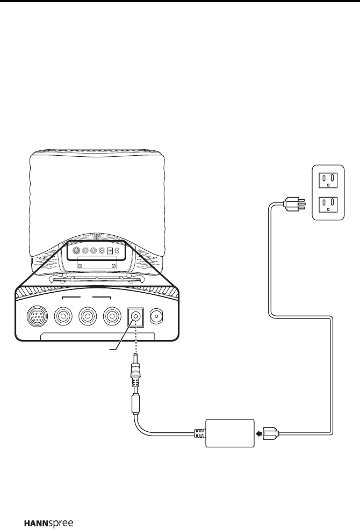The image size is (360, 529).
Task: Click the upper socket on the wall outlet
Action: click(x=328, y=180)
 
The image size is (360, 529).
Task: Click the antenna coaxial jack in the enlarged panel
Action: click(x=160, y=316)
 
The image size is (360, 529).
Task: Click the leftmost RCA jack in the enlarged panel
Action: click(x=63, y=316)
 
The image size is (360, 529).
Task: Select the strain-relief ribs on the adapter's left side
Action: click(x=199, y=432)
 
